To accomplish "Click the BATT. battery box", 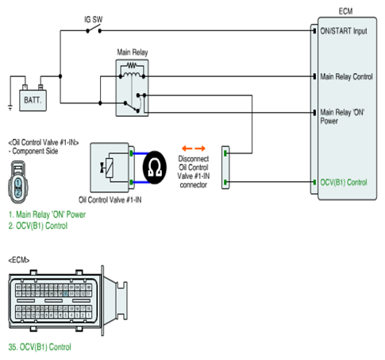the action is [33, 100].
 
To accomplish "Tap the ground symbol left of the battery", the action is [10, 108].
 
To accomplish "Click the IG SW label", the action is [94, 19].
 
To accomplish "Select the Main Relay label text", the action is [133, 52].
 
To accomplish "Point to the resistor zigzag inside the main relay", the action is [132, 65].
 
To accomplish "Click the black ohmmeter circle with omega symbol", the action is [155, 168].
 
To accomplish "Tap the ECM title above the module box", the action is [345, 11].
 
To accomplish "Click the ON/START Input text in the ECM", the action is [344, 31].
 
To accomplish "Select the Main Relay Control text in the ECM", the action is [346, 77].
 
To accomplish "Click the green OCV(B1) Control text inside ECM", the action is [344, 182].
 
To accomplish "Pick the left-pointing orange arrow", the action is [187, 149].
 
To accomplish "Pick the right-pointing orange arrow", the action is [200, 149].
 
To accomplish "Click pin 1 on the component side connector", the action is [17, 183].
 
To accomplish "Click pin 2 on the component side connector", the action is [17, 192].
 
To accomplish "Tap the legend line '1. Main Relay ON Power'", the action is [47, 215].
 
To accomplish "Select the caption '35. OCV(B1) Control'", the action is [40, 346].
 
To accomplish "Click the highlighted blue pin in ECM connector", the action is [66, 294].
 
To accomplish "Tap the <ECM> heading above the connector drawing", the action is [19, 260].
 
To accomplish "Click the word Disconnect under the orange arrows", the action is [194, 159].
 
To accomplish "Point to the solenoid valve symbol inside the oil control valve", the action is [108, 168].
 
